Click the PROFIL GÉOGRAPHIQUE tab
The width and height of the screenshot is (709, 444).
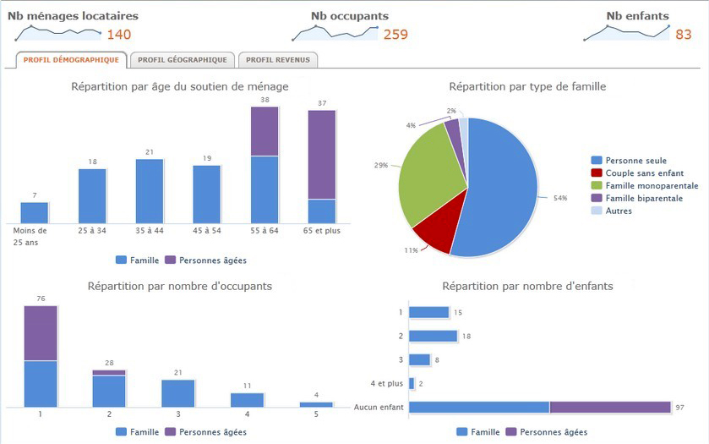tap(182, 60)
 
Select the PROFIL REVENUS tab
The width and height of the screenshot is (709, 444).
tap(278, 60)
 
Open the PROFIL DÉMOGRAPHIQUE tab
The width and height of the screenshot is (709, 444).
tap(71, 60)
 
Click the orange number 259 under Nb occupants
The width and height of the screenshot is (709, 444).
tap(395, 35)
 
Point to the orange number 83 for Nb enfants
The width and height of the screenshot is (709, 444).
tap(683, 35)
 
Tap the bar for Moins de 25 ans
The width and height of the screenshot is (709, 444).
tap(35, 213)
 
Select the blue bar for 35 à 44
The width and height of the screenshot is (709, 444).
tap(150, 191)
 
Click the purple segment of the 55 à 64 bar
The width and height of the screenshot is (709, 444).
tap(265, 132)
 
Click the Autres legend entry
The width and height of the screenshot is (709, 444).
tap(619, 211)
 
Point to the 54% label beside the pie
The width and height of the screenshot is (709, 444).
tap(559, 198)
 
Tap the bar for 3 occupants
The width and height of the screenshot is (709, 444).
tap(178, 393)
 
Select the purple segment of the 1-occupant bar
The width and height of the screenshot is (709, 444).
tap(41, 333)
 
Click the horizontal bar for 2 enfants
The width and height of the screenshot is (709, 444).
tap(433, 336)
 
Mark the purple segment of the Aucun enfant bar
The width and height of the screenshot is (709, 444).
tap(609, 407)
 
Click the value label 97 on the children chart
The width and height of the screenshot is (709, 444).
tap(679, 408)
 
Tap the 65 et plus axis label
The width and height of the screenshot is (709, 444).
tap(322, 231)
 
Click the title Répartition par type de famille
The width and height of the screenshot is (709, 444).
tap(527, 86)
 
